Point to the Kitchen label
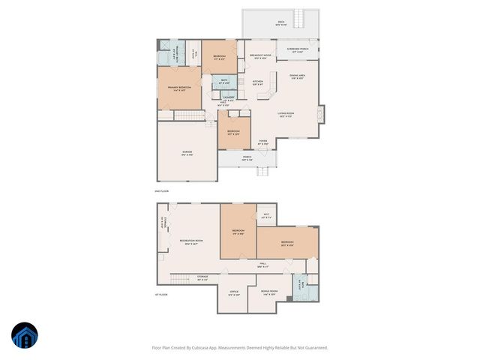(257, 82)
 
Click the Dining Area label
(296, 76)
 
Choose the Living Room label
(286, 115)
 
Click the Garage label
(187, 153)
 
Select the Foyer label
(263, 142)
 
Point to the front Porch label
(247, 157)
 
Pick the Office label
(234, 292)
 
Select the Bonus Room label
(269, 292)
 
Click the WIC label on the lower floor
(265, 216)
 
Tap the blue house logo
(25, 336)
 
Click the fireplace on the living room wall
(322, 114)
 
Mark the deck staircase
(302, 18)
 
